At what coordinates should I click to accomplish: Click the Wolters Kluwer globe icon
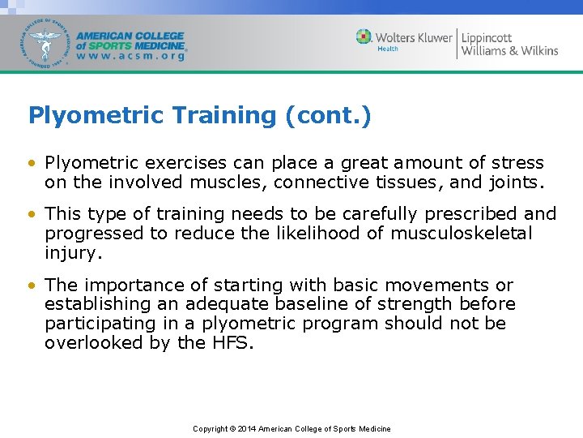point(364,36)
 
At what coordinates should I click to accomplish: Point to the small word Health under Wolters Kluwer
point(388,49)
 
